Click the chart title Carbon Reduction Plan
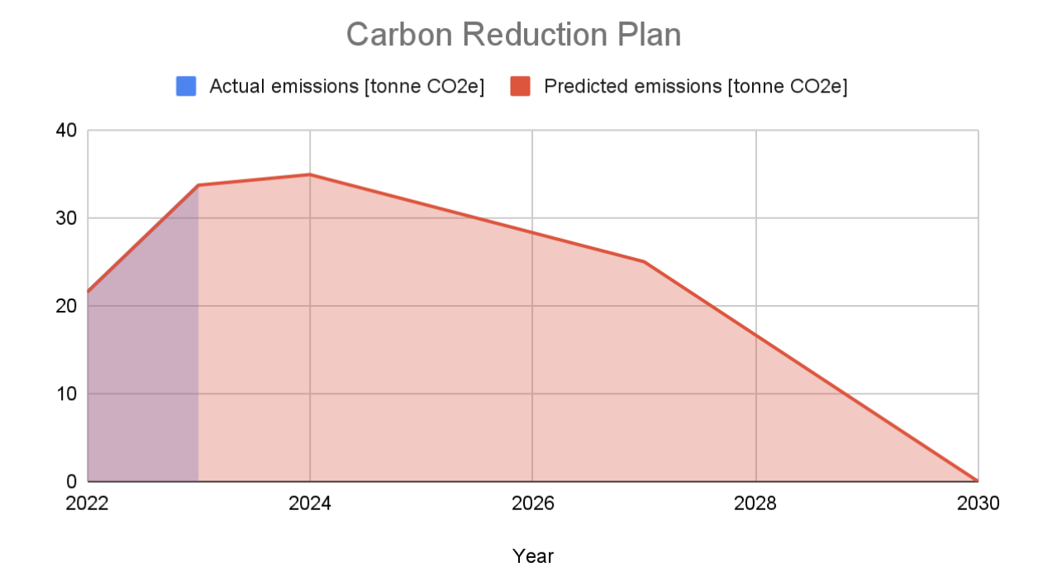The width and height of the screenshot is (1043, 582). click(513, 35)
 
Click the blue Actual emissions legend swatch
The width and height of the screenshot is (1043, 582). click(186, 86)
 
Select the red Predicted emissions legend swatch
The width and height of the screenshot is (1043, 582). click(520, 86)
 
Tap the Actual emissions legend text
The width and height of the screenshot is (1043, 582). click(346, 86)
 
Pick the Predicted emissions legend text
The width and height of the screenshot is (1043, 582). click(695, 86)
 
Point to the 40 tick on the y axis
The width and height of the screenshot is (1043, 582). click(66, 131)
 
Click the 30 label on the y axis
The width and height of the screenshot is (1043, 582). click(66, 218)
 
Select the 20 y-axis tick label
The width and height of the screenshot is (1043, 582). click(66, 306)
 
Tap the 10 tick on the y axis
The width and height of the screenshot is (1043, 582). click(66, 394)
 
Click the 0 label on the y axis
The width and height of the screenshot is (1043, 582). click(71, 481)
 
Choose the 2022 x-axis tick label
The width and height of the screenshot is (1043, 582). click(88, 503)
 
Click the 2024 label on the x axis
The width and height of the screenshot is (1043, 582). click(310, 503)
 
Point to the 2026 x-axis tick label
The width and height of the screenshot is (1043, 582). click(533, 503)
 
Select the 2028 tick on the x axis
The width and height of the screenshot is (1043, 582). click(755, 503)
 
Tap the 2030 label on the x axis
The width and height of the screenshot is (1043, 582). click(978, 503)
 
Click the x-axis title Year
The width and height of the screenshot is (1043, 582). click(533, 556)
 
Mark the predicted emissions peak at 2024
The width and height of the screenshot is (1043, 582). click(310, 174)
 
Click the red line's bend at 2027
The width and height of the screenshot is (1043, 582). click(644, 262)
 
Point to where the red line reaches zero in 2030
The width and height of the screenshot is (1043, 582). click(978, 480)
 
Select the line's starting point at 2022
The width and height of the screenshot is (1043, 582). click(88, 292)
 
